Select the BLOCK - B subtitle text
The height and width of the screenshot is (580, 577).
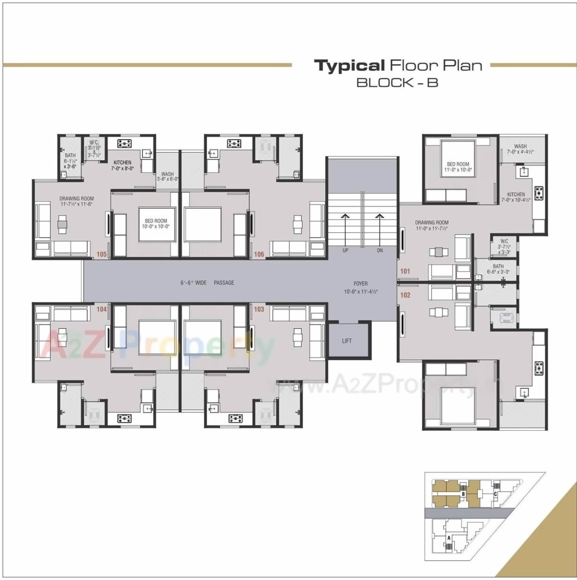pyautogui.click(x=397, y=83)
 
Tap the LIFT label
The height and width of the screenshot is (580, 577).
pyautogui.click(x=347, y=341)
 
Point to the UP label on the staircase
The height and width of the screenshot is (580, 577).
pyautogui.click(x=345, y=250)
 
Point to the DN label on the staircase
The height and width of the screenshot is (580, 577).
pyautogui.click(x=380, y=250)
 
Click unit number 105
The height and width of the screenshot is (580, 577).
pyautogui.click(x=102, y=254)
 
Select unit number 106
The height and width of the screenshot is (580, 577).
pyautogui.click(x=259, y=254)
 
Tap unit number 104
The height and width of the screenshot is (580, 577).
pyautogui.click(x=102, y=309)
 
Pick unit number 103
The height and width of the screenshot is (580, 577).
pyautogui.click(x=259, y=309)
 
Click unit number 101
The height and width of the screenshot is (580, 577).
pyautogui.click(x=405, y=271)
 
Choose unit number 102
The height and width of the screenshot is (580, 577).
pyautogui.click(x=405, y=295)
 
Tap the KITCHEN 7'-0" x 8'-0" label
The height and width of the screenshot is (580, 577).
pyautogui.click(x=122, y=165)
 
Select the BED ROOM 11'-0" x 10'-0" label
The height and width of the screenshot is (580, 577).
pyautogui.click(x=458, y=167)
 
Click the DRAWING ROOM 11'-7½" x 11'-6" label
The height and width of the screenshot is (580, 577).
pyautogui.click(x=76, y=201)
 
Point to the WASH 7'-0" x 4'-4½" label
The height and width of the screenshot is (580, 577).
pyautogui.click(x=520, y=149)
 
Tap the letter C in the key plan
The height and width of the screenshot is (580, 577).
pyautogui.click(x=495, y=494)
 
